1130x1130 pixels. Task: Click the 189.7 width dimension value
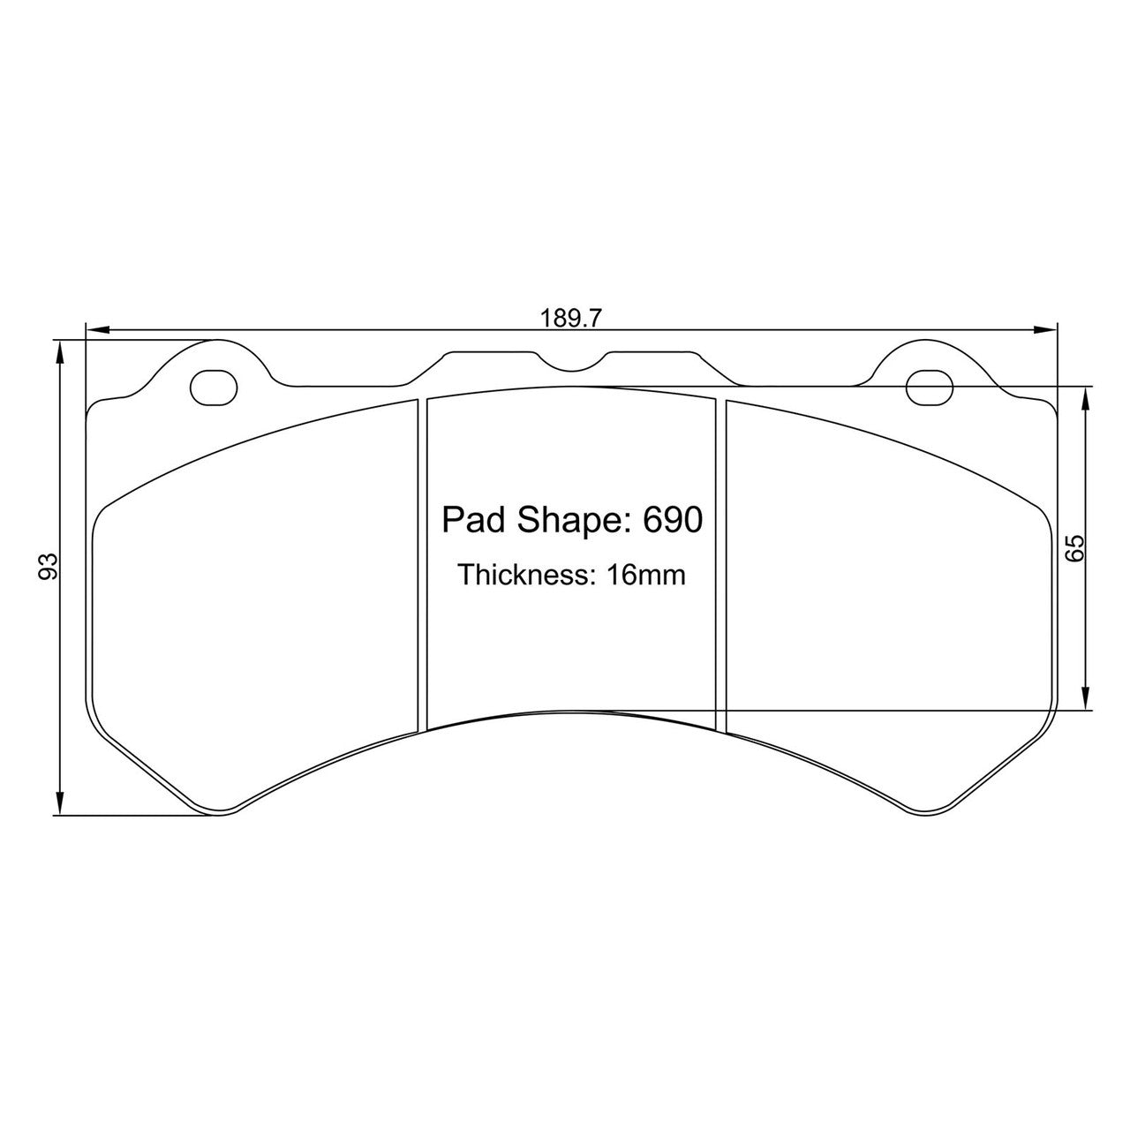coord(571,319)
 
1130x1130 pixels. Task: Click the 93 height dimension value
coord(49,566)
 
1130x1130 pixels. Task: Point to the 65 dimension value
coord(1073,548)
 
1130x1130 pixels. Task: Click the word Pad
coord(469,521)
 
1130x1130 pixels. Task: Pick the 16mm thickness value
coord(645,576)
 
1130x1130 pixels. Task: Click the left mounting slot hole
coord(214,387)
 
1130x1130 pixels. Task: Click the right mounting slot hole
coord(930,387)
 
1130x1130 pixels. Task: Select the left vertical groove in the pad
coord(421,565)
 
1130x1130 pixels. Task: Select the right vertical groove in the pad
coord(720,565)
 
